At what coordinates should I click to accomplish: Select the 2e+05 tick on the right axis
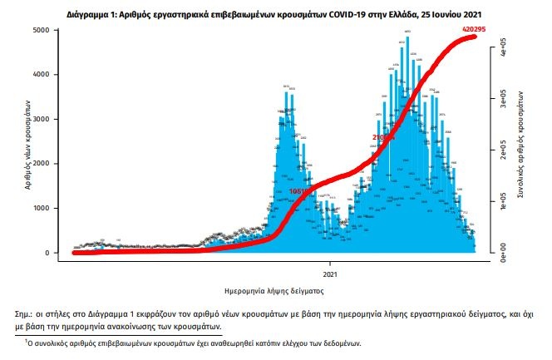pos(492,150)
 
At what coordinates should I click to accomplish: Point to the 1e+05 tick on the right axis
pos(492,200)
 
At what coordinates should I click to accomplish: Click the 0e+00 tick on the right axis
pos(492,249)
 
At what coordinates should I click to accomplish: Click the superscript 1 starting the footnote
pos(26,340)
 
